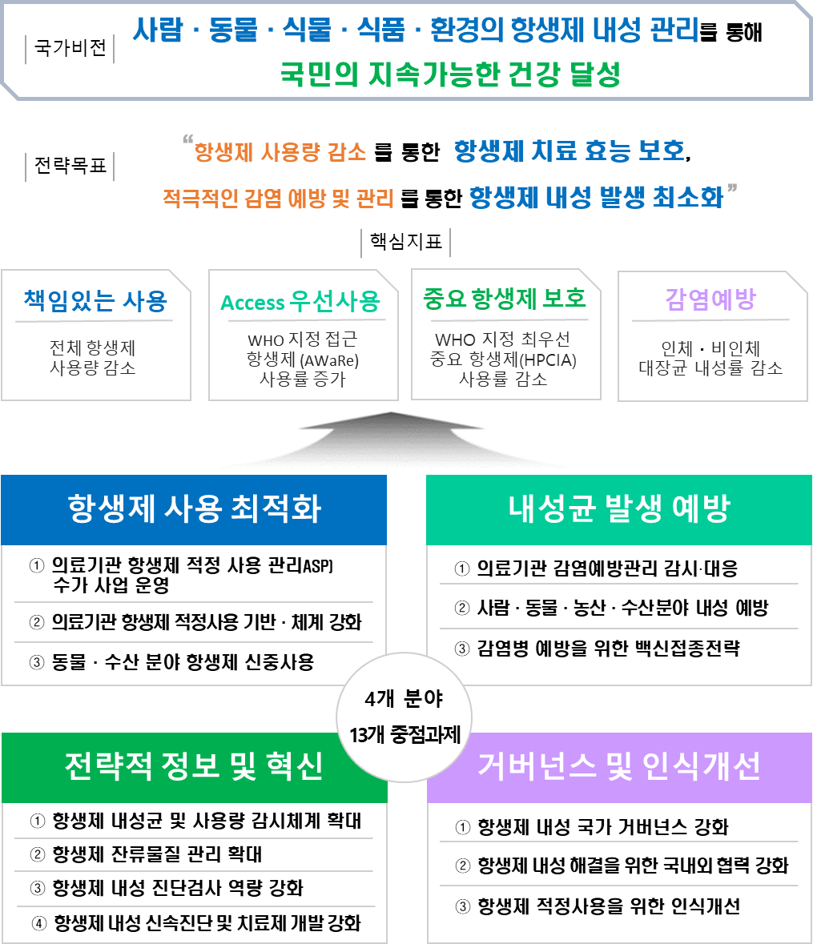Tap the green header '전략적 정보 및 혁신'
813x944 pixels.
click(194, 767)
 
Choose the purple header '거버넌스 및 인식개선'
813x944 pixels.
click(618, 767)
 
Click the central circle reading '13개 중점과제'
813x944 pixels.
click(404, 735)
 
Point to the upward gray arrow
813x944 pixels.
click(390, 438)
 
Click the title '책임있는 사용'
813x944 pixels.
click(95, 301)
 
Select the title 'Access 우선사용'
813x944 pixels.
click(300, 303)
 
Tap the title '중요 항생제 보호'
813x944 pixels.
click(504, 299)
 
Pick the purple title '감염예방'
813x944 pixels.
click(710, 299)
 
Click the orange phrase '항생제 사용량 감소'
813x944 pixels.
click(280, 152)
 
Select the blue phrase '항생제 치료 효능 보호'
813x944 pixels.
click(569, 151)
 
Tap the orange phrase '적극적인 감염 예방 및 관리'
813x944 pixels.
click(278, 199)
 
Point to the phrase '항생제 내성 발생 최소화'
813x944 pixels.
click(596, 197)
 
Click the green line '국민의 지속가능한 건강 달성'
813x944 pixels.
click(450, 75)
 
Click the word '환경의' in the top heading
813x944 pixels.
click(461, 30)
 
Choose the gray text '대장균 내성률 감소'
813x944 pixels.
click(710, 368)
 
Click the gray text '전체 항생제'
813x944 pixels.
click(92, 349)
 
